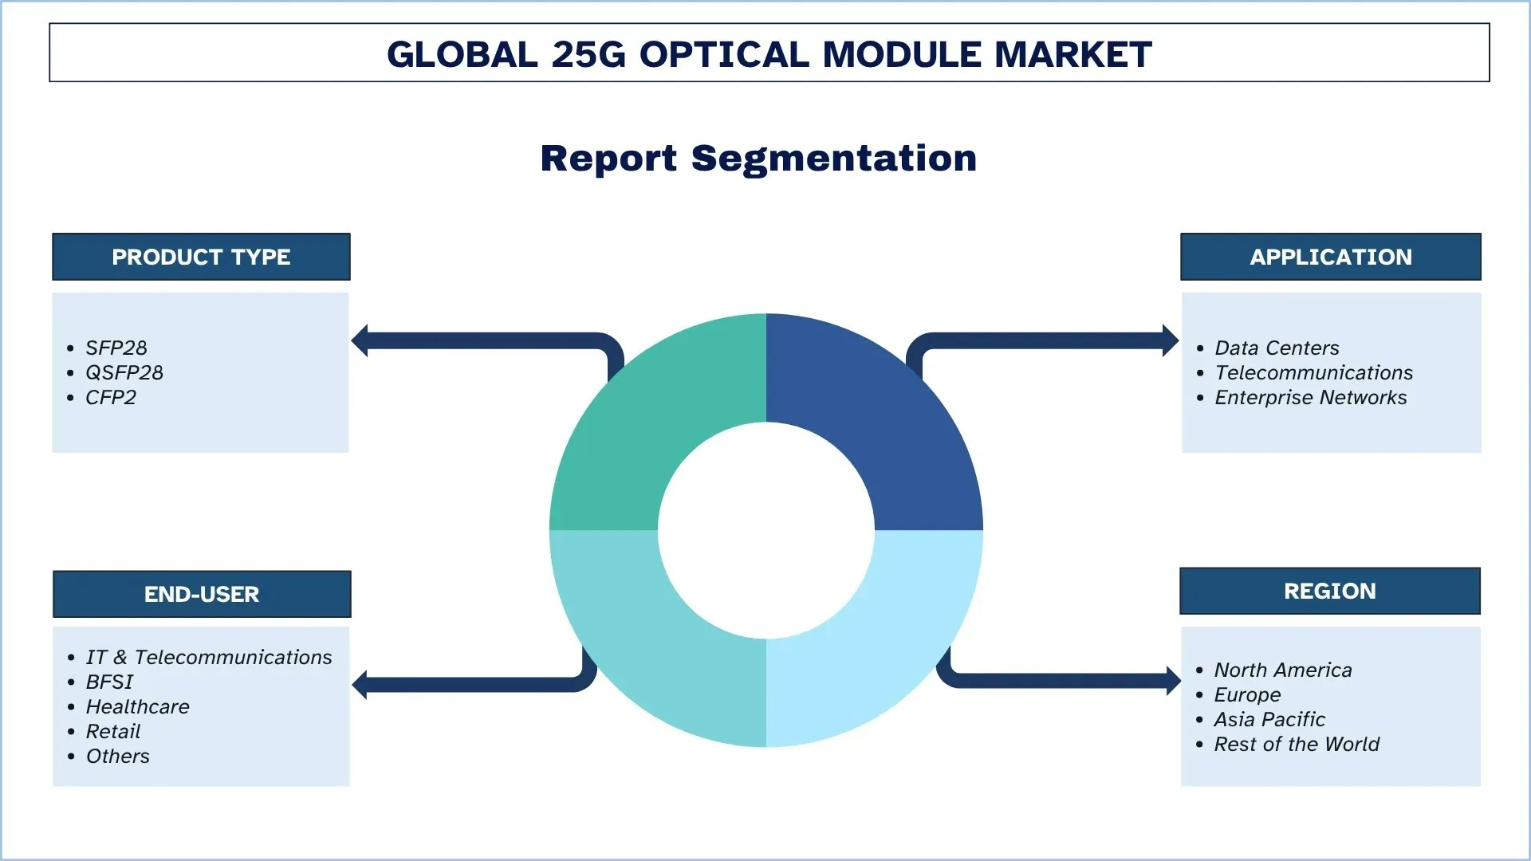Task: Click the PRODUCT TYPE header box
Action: [x=201, y=257]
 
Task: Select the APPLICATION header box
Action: [x=1330, y=257]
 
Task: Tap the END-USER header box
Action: [x=202, y=594]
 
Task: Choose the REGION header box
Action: [x=1329, y=591]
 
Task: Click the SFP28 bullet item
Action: [x=116, y=348]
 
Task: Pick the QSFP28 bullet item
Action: [x=124, y=373]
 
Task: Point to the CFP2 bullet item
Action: [x=111, y=398]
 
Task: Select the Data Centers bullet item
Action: [x=1277, y=348]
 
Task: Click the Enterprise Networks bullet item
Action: [x=1310, y=398]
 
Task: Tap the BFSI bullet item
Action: [x=109, y=682]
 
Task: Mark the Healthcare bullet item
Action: [x=137, y=707]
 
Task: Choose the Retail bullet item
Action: [x=113, y=732]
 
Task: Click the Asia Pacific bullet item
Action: [x=1269, y=720]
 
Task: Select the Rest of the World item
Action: [x=1297, y=745]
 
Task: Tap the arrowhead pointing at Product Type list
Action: [x=360, y=341]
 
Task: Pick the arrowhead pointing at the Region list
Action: [x=1172, y=681]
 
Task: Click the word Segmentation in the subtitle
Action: [x=833, y=159]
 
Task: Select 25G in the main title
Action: [x=588, y=54]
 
